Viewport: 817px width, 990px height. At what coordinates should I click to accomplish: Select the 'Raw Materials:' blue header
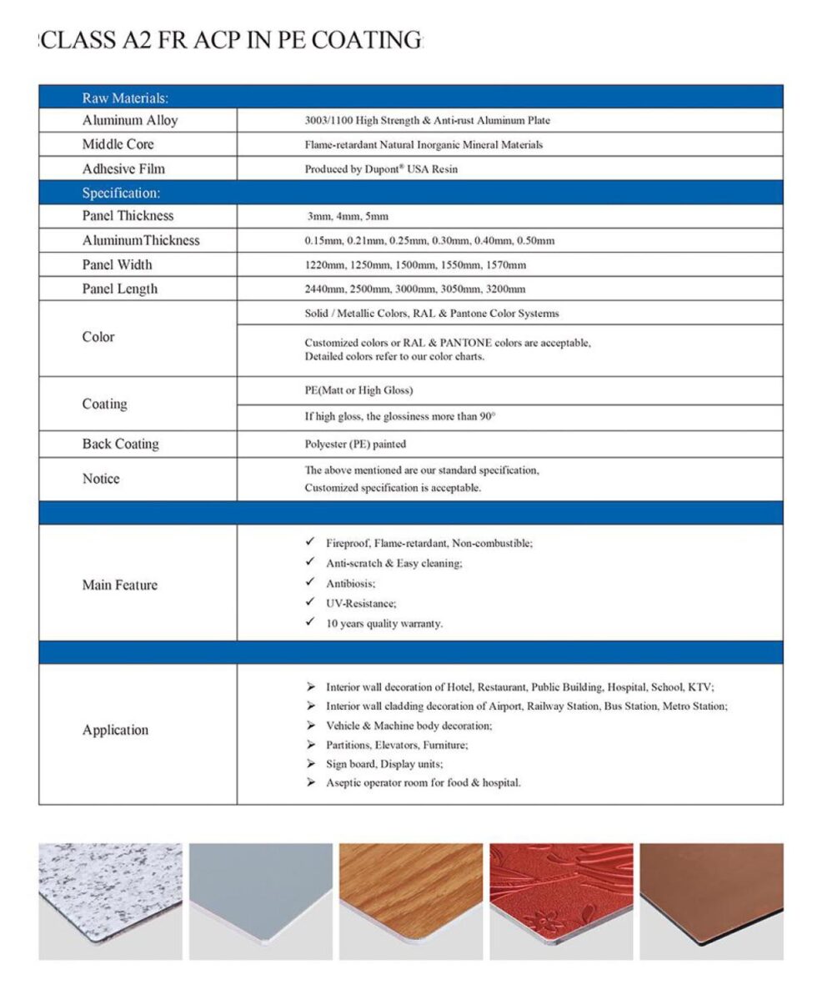(125, 98)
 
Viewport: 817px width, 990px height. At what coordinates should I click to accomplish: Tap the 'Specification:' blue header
(121, 193)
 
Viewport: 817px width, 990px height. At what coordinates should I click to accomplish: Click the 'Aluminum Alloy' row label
(129, 120)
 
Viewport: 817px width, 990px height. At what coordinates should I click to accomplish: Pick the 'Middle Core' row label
(118, 144)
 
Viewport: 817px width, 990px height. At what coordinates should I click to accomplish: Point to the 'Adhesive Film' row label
(123, 168)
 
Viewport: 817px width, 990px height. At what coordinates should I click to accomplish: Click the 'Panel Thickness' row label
(128, 216)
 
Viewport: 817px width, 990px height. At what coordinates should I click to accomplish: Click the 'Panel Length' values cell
(414, 289)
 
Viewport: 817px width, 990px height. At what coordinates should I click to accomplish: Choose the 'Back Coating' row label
(120, 444)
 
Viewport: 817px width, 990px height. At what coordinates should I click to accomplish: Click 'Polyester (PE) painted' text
(355, 445)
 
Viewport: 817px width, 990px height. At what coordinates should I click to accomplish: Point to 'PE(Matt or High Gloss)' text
(358, 390)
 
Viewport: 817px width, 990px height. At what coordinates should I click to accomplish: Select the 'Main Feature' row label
(119, 585)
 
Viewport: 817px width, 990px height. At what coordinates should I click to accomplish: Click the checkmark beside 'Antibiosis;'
(310, 582)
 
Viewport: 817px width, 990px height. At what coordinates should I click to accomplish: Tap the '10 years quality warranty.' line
(384, 624)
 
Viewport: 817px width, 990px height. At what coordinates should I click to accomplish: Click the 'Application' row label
(115, 730)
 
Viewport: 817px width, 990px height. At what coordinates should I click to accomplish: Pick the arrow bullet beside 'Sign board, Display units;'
(310, 763)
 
